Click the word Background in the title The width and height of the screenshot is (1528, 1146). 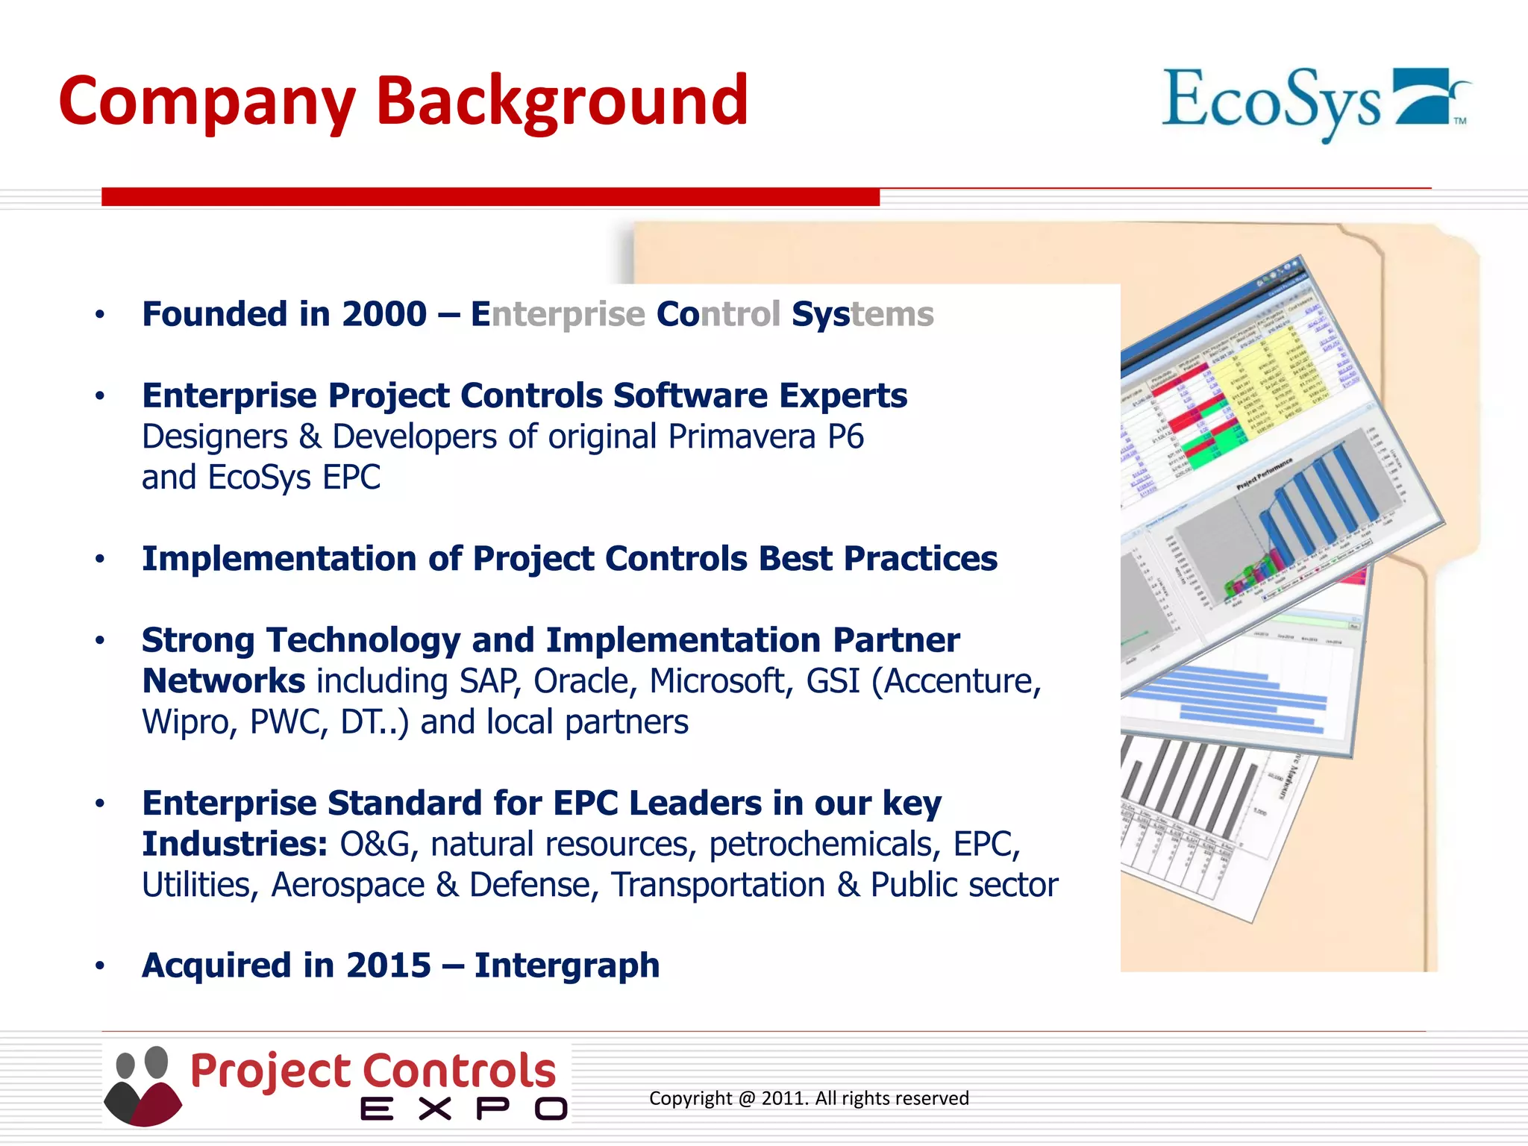561,102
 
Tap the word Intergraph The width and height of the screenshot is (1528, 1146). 567,965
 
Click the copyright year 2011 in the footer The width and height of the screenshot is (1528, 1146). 783,1098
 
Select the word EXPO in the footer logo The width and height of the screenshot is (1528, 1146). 463,1109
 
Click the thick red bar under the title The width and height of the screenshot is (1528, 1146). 490,197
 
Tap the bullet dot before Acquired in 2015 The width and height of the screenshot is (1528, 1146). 100,966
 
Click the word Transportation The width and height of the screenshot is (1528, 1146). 718,886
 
